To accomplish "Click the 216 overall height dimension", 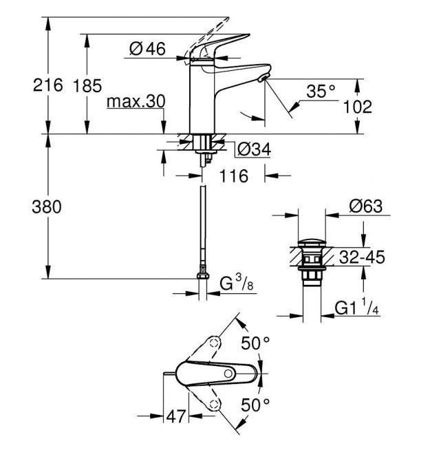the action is (48, 85).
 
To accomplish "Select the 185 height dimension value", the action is (87, 86).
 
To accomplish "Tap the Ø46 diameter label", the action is (147, 49).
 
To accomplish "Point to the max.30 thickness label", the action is (136, 102).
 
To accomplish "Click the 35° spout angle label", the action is (321, 91).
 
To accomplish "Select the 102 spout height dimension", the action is (357, 107).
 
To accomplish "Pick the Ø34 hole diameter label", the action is (255, 149).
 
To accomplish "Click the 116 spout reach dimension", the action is (234, 176).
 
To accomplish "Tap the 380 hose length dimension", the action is (47, 206).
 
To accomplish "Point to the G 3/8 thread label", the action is (237, 283).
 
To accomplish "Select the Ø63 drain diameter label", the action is (366, 206).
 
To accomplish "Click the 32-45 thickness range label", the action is (362, 257).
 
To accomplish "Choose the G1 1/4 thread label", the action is (357, 307).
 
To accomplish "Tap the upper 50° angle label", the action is (255, 343).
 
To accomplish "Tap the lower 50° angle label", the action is (255, 405).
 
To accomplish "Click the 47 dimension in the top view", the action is (176, 416).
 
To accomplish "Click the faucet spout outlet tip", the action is (263, 78).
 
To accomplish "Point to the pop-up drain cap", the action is (312, 243).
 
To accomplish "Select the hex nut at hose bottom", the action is (203, 276).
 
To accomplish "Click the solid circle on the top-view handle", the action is (228, 374).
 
